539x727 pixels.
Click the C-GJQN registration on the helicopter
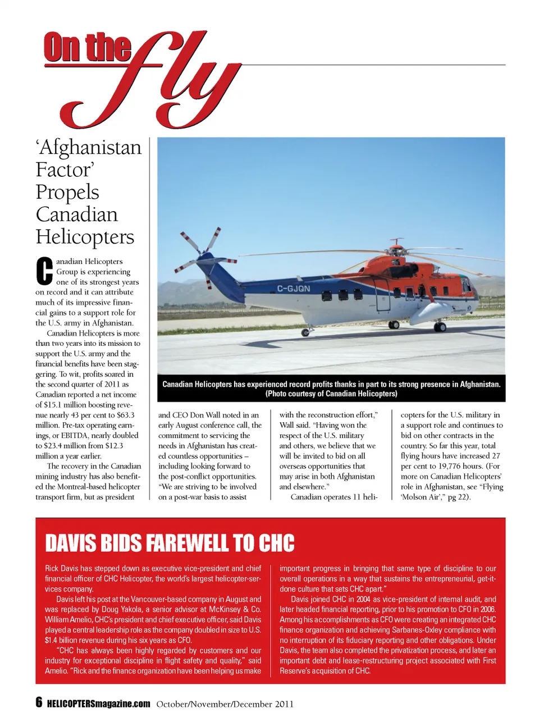[293, 289]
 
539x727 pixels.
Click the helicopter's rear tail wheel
[305, 332]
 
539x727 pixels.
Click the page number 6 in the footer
[39, 702]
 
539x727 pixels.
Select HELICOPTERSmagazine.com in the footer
[99, 704]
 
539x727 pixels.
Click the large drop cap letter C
[44, 271]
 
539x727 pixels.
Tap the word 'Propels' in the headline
[67, 192]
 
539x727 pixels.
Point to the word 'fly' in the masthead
[168, 79]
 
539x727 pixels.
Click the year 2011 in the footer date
[284, 704]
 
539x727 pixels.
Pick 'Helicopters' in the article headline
[85, 237]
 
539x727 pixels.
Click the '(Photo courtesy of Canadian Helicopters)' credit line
[331, 394]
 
